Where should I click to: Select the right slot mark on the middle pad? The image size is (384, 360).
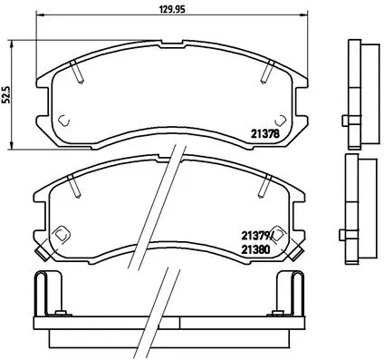point(265,187)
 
